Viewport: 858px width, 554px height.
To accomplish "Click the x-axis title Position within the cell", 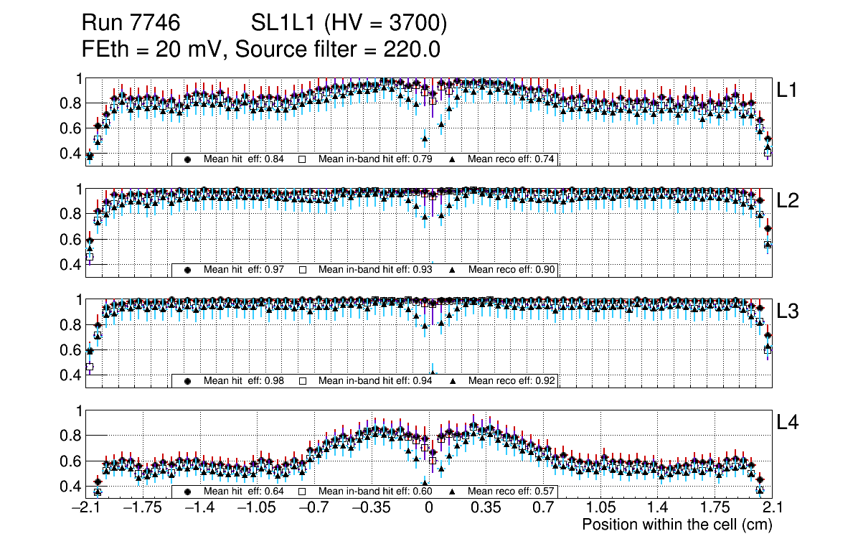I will (x=676, y=525).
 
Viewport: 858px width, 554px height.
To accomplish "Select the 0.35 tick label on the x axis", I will (x=486, y=508).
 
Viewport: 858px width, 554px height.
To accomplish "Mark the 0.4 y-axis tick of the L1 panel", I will (x=71, y=154).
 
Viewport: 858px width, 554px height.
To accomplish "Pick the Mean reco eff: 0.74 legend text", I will (x=512, y=159).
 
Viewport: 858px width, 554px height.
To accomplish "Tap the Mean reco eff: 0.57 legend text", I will (x=512, y=492).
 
